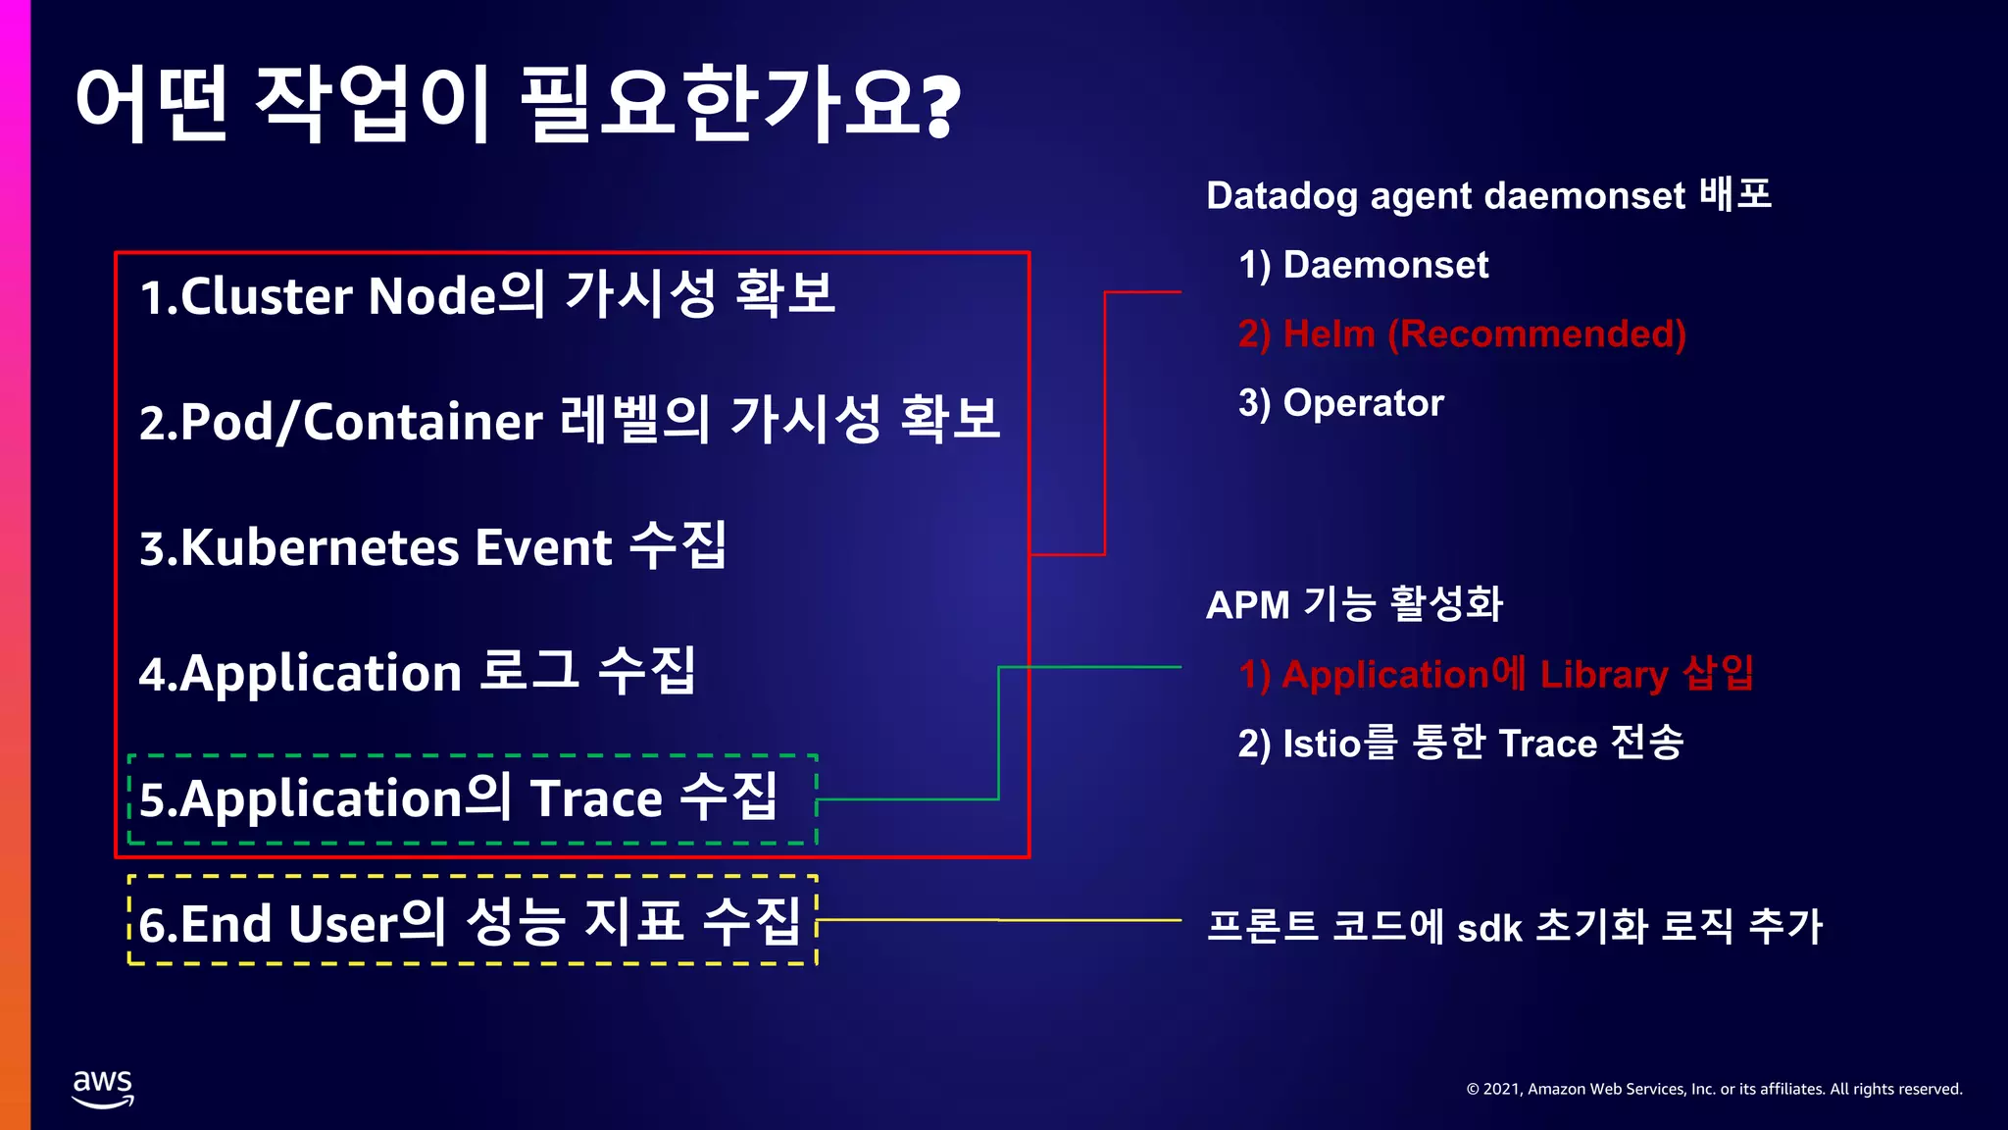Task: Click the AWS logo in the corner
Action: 103,1088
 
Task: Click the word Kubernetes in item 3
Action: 321,547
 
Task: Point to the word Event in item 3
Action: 543,547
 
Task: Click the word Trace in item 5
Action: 596,798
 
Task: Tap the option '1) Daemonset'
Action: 1363,265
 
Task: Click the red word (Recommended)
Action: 1536,334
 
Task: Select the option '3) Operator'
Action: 1340,403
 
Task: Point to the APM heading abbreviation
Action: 1247,604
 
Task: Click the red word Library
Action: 1603,675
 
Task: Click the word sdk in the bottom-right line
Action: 1488,927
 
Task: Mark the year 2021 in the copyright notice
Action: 1500,1089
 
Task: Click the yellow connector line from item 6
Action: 1000,920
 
